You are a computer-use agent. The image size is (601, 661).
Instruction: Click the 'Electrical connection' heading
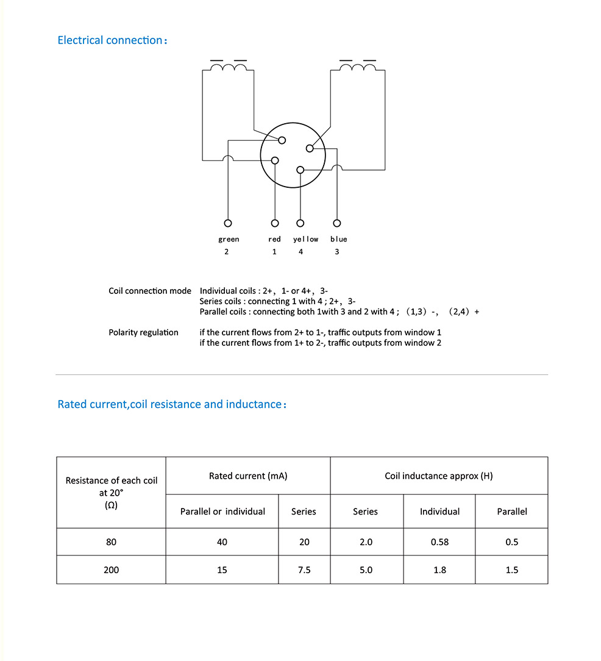[x=110, y=40]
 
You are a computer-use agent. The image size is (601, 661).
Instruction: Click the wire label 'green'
[x=229, y=239]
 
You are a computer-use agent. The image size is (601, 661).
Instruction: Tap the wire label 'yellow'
[x=305, y=239]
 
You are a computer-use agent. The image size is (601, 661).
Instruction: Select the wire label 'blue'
[x=338, y=239]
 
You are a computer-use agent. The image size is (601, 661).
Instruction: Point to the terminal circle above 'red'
[x=275, y=223]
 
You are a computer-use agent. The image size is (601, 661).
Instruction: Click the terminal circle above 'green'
[x=228, y=223]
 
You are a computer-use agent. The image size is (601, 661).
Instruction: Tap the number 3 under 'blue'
[x=337, y=252]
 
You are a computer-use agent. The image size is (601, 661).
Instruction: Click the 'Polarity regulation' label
[x=143, y=332]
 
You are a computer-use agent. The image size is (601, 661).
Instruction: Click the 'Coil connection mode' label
[x=149, y=291]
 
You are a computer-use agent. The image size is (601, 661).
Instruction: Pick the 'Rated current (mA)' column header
[x=247, y=476]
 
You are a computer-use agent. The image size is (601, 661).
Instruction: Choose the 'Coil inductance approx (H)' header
[x=438, y=476]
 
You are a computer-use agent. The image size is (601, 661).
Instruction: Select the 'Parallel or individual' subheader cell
[x=222, y=512]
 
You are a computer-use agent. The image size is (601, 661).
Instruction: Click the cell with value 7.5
[x=304, y=570]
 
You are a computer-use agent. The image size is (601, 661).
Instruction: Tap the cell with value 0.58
[x=439, y=541]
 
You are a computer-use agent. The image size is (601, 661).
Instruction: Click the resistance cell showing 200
[x=111, y=570]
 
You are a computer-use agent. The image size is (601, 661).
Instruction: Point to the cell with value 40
[x=222, y=541]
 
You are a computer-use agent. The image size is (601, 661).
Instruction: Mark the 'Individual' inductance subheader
[x=439, y=512]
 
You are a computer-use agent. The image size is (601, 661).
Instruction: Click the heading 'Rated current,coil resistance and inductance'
[x=169, y=404]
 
